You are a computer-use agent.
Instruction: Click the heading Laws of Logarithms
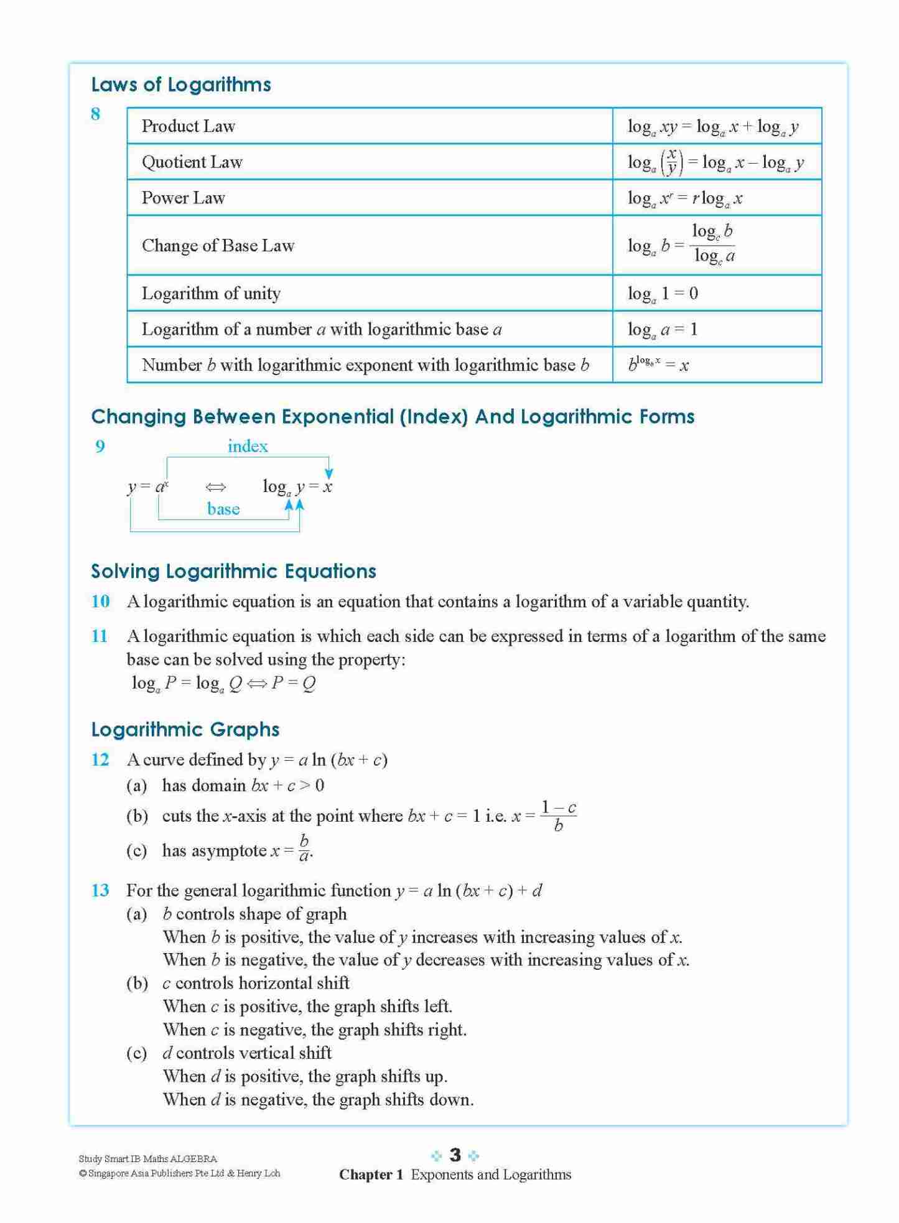coord(181,85)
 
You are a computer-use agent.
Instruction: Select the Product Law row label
coord(188,126)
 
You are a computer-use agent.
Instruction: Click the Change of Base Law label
coord(218,246)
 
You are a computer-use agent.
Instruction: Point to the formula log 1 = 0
coord(663,294)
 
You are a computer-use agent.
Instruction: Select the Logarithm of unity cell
coord(211,294)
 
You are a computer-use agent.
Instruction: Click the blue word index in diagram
coord(248,446)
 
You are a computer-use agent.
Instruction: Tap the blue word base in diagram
coord(223,509)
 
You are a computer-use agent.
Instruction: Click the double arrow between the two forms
coord(215,487)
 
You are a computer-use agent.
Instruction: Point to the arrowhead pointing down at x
coord(328,475)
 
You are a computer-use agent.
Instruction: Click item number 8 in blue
coord(95,114)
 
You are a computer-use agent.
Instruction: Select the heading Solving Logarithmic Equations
coord(233,571)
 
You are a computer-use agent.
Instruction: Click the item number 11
coord(100,636)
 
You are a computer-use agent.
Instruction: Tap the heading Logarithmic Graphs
coord(185,729)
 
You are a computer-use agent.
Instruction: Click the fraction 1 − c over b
coord(558,816)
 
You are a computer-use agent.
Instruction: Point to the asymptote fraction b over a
coord(304,849)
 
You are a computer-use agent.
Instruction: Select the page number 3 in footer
coord(455,1155)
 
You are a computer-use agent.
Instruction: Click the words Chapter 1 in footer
coord(371,1174)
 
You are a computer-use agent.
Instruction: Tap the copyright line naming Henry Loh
coord(180,1173)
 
